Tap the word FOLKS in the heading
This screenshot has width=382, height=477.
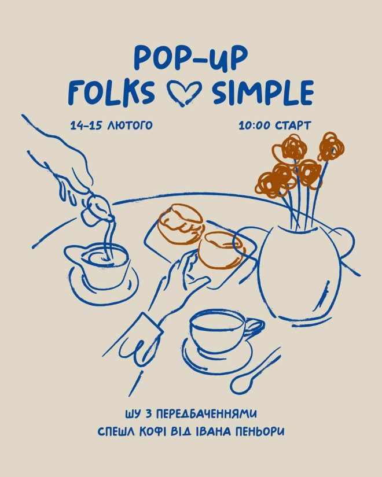pos(111,93)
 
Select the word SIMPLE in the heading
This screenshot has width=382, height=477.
pos(263,92)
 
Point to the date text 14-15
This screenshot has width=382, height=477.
pos(86,125)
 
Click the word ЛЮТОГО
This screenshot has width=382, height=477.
pos(130,125)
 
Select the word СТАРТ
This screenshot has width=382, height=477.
pos(293,125)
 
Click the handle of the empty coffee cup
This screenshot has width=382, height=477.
pos(255,327)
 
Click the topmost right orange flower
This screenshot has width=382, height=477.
pos(331,146)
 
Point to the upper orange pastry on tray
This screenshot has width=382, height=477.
pos(181,224)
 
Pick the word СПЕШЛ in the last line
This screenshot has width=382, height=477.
pos(116,431)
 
